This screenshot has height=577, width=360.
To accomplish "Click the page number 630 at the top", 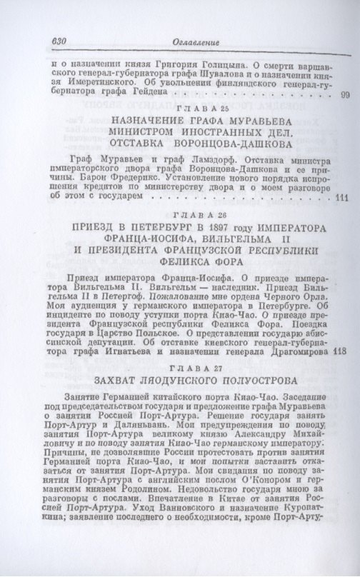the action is tap(56, 42).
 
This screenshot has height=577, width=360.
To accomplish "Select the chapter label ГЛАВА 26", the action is tap(184, 214).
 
